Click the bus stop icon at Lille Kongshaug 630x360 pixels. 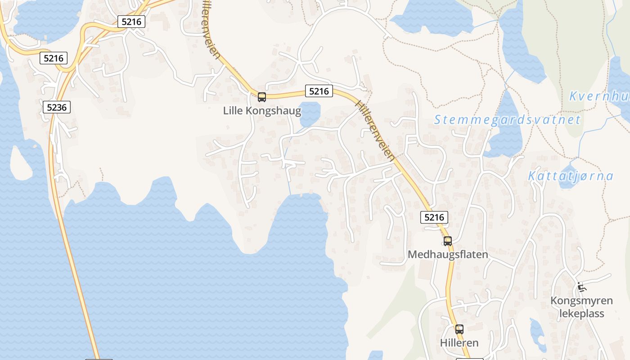(x=261, y=97)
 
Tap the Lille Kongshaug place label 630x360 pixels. (x=262, y=111)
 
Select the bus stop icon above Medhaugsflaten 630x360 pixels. (x=447, y=241)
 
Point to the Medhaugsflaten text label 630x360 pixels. (x=447, y=255)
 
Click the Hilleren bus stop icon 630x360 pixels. (x=459, y=329)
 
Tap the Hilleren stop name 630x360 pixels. (x=459, y=343)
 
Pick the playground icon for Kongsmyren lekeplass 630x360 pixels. (x=581, y=286)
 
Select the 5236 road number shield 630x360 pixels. (x=57, y=107)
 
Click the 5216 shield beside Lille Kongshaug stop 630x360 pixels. (x=319, y=91)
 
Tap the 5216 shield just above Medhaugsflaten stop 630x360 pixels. (x=434, y=217)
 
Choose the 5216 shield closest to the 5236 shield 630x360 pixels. (x=54, y=58)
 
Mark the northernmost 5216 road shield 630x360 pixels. (x=131, y=21)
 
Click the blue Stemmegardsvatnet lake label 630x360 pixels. (x=507, y=120)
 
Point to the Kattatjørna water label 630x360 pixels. (x=570, y=176)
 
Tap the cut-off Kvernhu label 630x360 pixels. (x=599, y=96)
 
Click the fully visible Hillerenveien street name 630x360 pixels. (x=375, y=130)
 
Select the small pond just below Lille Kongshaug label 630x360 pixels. (x=310, y=115)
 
